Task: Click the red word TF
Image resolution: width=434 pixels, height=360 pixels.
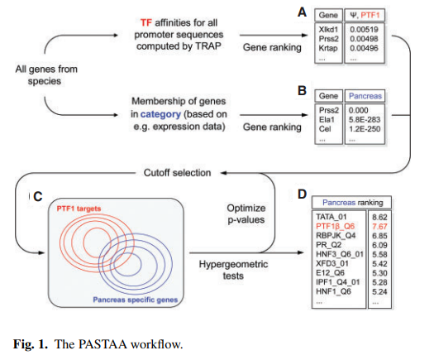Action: [145, 22]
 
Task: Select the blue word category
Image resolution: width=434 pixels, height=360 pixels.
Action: [160, 114]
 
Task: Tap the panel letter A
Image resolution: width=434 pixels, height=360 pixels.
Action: [302, 12]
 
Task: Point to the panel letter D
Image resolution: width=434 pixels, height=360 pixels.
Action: [302, 194]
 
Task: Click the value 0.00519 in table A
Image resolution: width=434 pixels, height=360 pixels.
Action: [364, 29]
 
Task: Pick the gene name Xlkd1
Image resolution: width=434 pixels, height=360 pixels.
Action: [328, 29]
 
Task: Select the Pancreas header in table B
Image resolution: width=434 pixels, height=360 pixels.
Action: [365, 96]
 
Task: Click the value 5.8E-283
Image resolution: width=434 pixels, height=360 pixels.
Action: [365, 119]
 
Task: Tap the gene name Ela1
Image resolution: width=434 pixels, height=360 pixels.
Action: [327, 119]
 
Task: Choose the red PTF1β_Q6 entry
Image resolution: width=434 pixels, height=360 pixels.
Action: [335, 226]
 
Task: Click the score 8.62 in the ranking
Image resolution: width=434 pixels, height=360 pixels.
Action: [379, 217]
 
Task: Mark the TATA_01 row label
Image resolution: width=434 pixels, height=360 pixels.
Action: [331, 217]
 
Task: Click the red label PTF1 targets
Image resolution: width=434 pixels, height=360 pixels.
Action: [79, 209]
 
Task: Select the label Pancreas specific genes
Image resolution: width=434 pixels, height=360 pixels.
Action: [135, 300]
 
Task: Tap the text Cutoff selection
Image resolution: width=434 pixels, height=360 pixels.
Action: [177, 173]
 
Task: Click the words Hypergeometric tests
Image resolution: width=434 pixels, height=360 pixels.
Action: [233, 270]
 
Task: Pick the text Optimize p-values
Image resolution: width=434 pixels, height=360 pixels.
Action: [246, 214]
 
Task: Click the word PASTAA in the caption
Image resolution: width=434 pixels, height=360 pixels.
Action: [103, 344]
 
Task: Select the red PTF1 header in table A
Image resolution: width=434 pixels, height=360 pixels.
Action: [370, 15]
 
